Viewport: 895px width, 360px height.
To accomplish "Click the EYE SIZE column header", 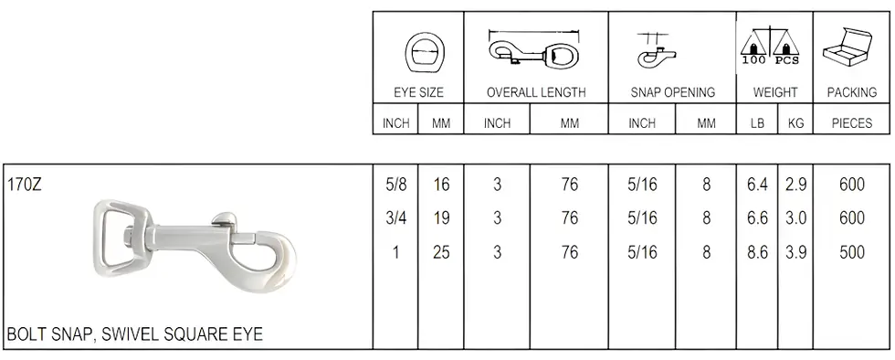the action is [x=418, y=92].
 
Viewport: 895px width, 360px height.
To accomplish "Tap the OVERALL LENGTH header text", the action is [x=536, y=92].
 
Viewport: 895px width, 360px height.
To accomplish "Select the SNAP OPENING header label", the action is [x=672, y=92].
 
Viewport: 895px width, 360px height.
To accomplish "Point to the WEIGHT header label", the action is [x=774, y=92].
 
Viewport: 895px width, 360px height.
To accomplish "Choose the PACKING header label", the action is [x=852, y=92].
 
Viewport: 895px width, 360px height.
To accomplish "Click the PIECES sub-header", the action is [x=852, y=123].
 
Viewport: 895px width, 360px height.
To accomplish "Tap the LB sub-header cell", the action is [x=757, y=123].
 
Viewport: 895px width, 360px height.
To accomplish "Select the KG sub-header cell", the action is [x=795, y=123].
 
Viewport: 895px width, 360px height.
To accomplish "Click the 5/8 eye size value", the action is [x=395, y=185].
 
